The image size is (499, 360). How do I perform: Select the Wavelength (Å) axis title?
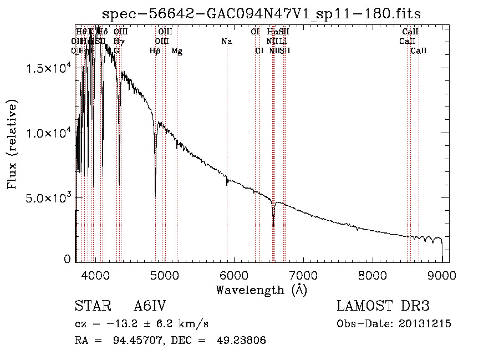tap(261, 290)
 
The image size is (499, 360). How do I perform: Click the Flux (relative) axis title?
tap(12, 144)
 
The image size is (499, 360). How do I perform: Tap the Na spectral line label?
tap(226, 41)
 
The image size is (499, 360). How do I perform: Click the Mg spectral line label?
tap(177, 51)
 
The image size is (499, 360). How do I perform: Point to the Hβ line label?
tap(155, 51)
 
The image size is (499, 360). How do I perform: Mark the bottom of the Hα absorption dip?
tap(273, 226)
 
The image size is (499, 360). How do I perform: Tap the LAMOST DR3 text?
tap(383, 307)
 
